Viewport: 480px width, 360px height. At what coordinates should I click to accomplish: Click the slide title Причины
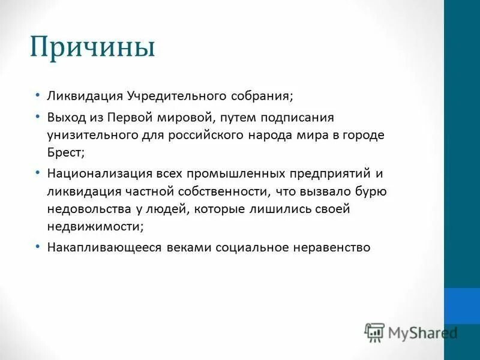click(92, 47)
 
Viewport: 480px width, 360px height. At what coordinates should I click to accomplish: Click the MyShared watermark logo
click(412, 332)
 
